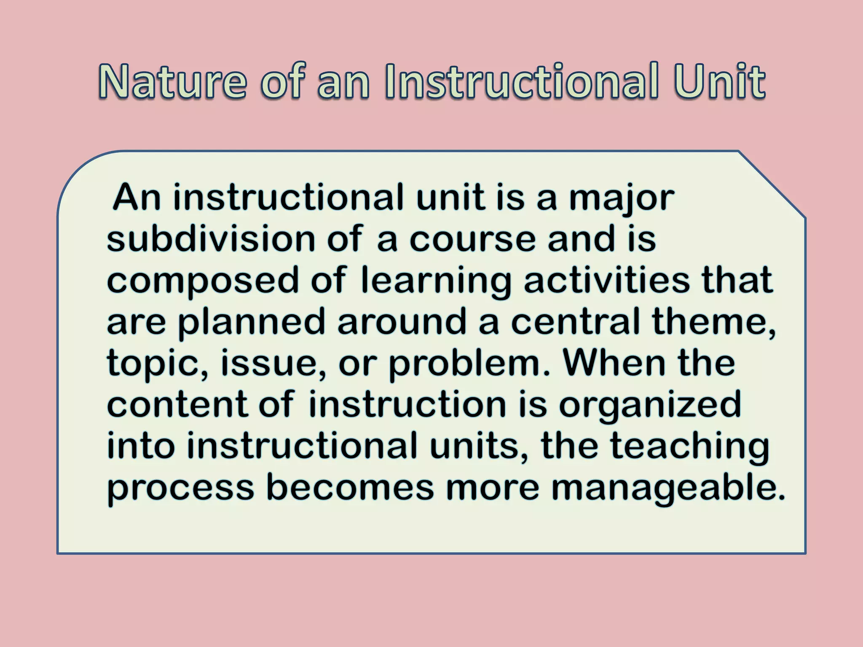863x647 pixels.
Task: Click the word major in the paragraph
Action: click(x=622, y=198)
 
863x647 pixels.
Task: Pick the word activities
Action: click(x=607, y=280)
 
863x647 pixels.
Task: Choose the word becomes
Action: click(x=350, y=488)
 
